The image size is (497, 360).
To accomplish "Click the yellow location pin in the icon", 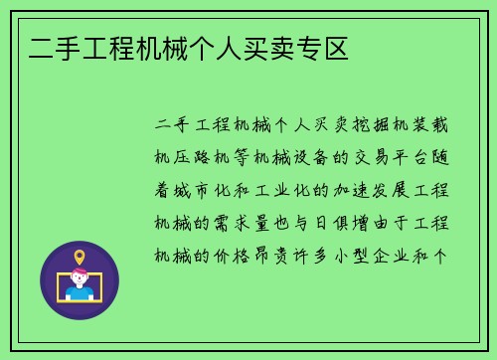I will pyautogui.click(x=80, y=258).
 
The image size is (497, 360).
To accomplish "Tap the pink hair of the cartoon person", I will pyautogui.click(x=80, y=273).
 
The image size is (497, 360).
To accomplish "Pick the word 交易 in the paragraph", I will pyautogui.click(x=378, y=157).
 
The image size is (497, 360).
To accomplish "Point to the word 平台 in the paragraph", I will pyautogui.click(x=417, y=157).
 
